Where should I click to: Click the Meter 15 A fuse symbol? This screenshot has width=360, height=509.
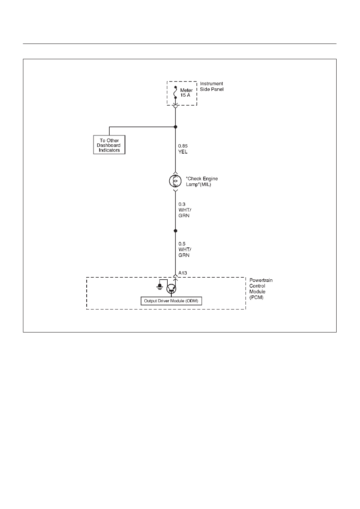(175, 92)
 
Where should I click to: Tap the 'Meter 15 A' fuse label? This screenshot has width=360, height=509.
(186, 93)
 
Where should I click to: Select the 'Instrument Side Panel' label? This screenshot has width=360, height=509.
(212, 87)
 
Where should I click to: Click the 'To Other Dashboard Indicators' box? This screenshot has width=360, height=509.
(109, 145)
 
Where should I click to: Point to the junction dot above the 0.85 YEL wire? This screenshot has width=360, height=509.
(175, 127)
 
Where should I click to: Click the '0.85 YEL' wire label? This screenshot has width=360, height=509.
(183, 149)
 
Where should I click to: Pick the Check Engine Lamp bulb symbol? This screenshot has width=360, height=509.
(175, 181)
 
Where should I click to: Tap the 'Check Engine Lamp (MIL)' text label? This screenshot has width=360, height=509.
(202, 182)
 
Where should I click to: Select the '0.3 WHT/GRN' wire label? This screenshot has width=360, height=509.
(184, 210)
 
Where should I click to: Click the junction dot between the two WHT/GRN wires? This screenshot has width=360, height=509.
(175, 231)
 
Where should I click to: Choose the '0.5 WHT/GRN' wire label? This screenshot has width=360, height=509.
(184, 249)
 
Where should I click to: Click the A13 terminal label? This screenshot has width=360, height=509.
(183, 273)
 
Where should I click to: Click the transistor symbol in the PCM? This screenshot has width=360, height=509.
(171, 289)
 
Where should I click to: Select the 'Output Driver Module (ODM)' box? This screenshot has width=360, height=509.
(171, 301)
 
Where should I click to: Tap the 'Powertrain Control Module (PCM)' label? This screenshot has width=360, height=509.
(261, 289)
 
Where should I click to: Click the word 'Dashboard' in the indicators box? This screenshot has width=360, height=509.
(108, 145)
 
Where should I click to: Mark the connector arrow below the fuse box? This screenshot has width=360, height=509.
(175, 106)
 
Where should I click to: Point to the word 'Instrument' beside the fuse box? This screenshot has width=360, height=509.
(212, 83)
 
